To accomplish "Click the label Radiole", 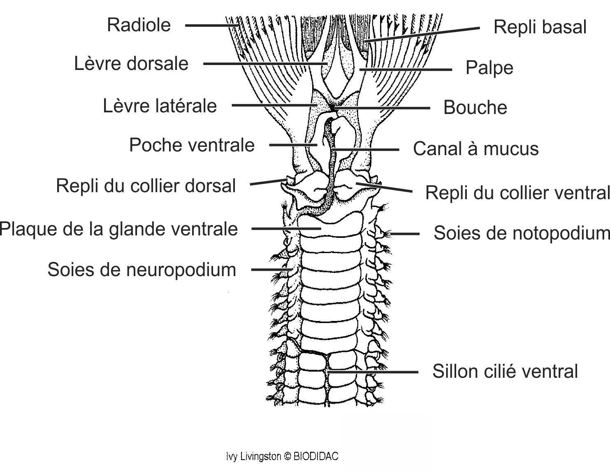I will point(139,25).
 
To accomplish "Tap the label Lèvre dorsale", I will point(131,64).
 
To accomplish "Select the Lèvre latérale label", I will point(160,106).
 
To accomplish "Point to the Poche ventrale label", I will point(192,145).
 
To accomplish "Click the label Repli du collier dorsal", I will point(146,186).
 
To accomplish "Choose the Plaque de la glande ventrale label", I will point(119,229).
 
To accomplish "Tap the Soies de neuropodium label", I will point(141,270).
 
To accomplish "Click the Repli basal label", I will point(540,27).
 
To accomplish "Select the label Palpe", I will point(489,68).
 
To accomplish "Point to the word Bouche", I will point(475,108).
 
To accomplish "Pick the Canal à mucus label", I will point(475,149).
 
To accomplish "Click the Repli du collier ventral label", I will point(517,193).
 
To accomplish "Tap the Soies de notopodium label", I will point(522,233).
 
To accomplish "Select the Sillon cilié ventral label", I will point(505,371).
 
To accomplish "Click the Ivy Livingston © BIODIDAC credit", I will point(282,456).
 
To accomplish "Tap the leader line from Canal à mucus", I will point(366,149).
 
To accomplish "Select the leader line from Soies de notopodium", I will point(405,234).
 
